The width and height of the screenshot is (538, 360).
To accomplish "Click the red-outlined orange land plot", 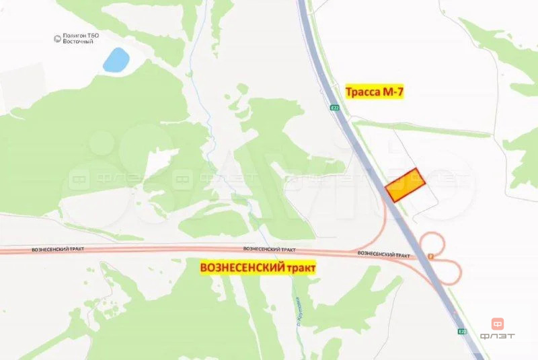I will click(x=405, y=186).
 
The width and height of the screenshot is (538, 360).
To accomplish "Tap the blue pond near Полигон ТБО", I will click(x=116, y=60).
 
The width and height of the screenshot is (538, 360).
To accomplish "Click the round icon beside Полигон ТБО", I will click(x=57, y=40).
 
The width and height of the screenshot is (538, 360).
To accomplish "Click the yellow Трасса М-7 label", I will click(x=374, y=92).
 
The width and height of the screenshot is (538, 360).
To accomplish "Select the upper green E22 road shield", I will click(x=335, y=106).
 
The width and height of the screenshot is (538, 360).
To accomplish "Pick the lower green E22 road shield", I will click(x=461, y=331).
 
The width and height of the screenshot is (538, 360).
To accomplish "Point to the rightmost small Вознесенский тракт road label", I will click(x=383, y=254).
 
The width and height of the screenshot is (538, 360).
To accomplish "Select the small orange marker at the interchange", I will click(x=430, y=256).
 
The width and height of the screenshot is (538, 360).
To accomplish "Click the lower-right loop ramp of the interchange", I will click(x=449, y=272).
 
